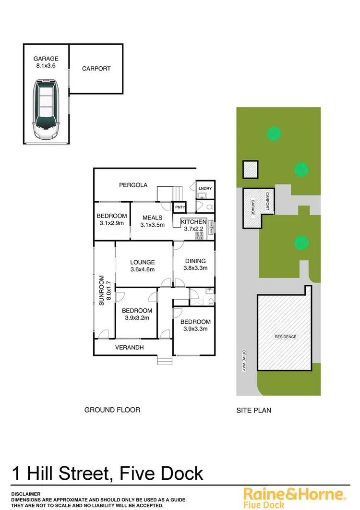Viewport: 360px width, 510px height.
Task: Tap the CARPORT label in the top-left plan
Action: coord(96,69)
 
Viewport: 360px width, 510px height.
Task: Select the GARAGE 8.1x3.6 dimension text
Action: coord(46,62)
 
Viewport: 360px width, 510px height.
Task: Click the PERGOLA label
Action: coord(133,185)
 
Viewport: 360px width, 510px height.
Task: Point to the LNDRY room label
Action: coord(205,188)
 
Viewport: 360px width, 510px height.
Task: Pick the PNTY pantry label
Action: coord(180,207)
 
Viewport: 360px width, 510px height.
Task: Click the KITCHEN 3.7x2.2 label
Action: coord(193,225)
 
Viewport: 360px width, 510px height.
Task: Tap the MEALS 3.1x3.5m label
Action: coord(152,221)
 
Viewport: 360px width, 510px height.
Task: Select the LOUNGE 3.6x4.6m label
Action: coord(143,266)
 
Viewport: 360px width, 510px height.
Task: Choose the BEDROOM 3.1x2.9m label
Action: coord(112,219)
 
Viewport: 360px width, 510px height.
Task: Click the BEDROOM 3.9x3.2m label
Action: coord(137,314)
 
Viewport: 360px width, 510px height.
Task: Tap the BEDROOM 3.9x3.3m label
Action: coord(195,325)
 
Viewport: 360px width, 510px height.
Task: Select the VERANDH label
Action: coord(130,347)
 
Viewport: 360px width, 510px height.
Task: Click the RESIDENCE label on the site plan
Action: coord(286,337)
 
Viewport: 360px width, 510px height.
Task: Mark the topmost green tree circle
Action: coord(273,133)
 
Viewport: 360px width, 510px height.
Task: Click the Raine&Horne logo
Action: coord(294,497)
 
